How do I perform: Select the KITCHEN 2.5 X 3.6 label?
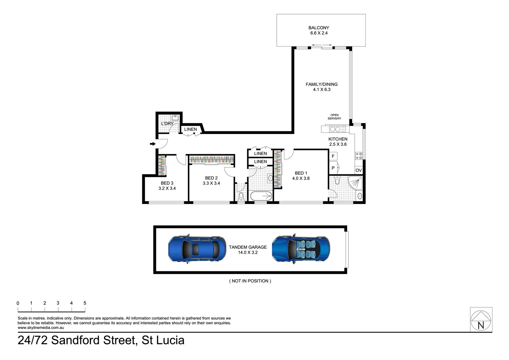click(338, 141)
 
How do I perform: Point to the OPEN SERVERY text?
click(334, 117)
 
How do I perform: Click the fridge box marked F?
click(333, 156)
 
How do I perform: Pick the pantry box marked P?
click(333, 168)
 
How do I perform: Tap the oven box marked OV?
click(358, 170)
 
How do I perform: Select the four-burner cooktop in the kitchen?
click(359, 156)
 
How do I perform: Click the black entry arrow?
click(153, 144)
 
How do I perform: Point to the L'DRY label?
click(167, 123)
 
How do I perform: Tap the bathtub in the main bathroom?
click(261, 196)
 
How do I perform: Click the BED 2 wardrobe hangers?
click(211, 159)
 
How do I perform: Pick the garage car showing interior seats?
click(301, 249)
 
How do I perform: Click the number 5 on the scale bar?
click(85, 303)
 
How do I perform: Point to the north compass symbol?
click(481, 320)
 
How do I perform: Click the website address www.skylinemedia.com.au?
click(41, 328)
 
